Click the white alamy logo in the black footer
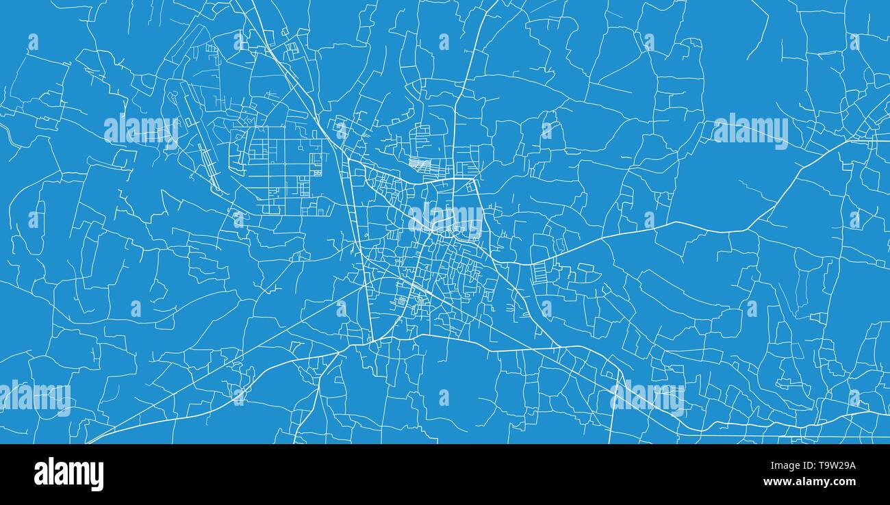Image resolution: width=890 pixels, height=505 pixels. click(x=68, y=474)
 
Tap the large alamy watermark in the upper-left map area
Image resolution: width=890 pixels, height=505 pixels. click(x=141, y=130)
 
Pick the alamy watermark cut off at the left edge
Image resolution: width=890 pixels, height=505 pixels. click(x=34, y=398)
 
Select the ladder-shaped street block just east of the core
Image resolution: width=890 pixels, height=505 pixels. click(x=540, y=271)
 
